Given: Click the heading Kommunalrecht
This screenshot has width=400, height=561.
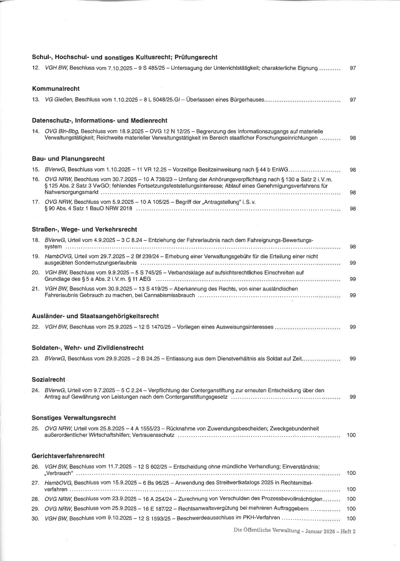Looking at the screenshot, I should (55, 89).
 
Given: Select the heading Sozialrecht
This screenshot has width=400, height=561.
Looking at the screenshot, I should (48, 379).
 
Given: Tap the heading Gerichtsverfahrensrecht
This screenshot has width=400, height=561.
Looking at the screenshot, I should (68, 455).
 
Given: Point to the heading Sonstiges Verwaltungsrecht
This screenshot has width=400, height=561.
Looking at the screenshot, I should (74, 417).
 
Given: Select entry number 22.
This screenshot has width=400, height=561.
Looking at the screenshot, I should (36, 327).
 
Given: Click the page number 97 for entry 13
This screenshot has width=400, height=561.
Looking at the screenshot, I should (352, 100).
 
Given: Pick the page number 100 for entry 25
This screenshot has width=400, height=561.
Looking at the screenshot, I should (351, 435).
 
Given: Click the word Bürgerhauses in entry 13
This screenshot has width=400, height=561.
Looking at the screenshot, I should (246, 100).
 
